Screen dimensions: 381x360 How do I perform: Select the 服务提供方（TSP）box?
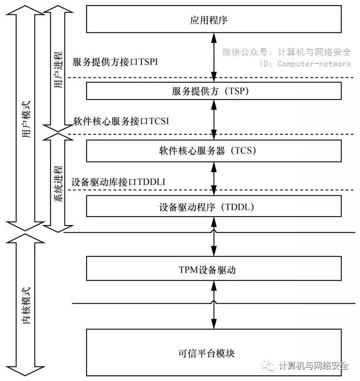coord(214,91)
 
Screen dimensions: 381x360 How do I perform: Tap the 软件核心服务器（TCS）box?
coord(214,151)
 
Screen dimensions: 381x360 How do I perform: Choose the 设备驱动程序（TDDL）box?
coord(214,206)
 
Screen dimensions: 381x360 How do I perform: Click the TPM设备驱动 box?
coord(214,269)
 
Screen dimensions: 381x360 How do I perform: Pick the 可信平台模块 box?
coord(214,353)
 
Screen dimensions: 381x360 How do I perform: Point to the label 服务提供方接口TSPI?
coord(116,62)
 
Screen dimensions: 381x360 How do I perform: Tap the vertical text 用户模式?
coord(26,120)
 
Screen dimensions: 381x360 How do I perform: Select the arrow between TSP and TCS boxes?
coord(214,119)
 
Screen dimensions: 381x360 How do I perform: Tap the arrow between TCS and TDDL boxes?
coord(214,179)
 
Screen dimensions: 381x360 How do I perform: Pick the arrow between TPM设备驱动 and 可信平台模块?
coord(214,305)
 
